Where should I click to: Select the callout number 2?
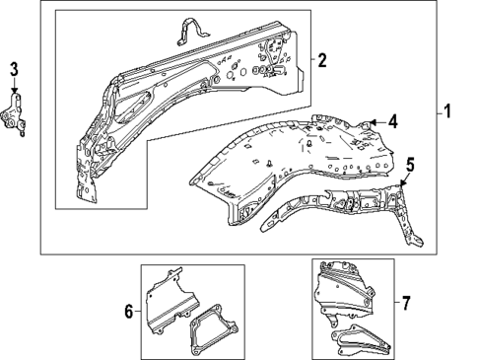click(322, 60)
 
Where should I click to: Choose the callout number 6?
click(128, 313)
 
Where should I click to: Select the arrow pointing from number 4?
click(376, 122)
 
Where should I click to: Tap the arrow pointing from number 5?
click(405, 179)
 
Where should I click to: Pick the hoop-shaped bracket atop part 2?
click(188, 31)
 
